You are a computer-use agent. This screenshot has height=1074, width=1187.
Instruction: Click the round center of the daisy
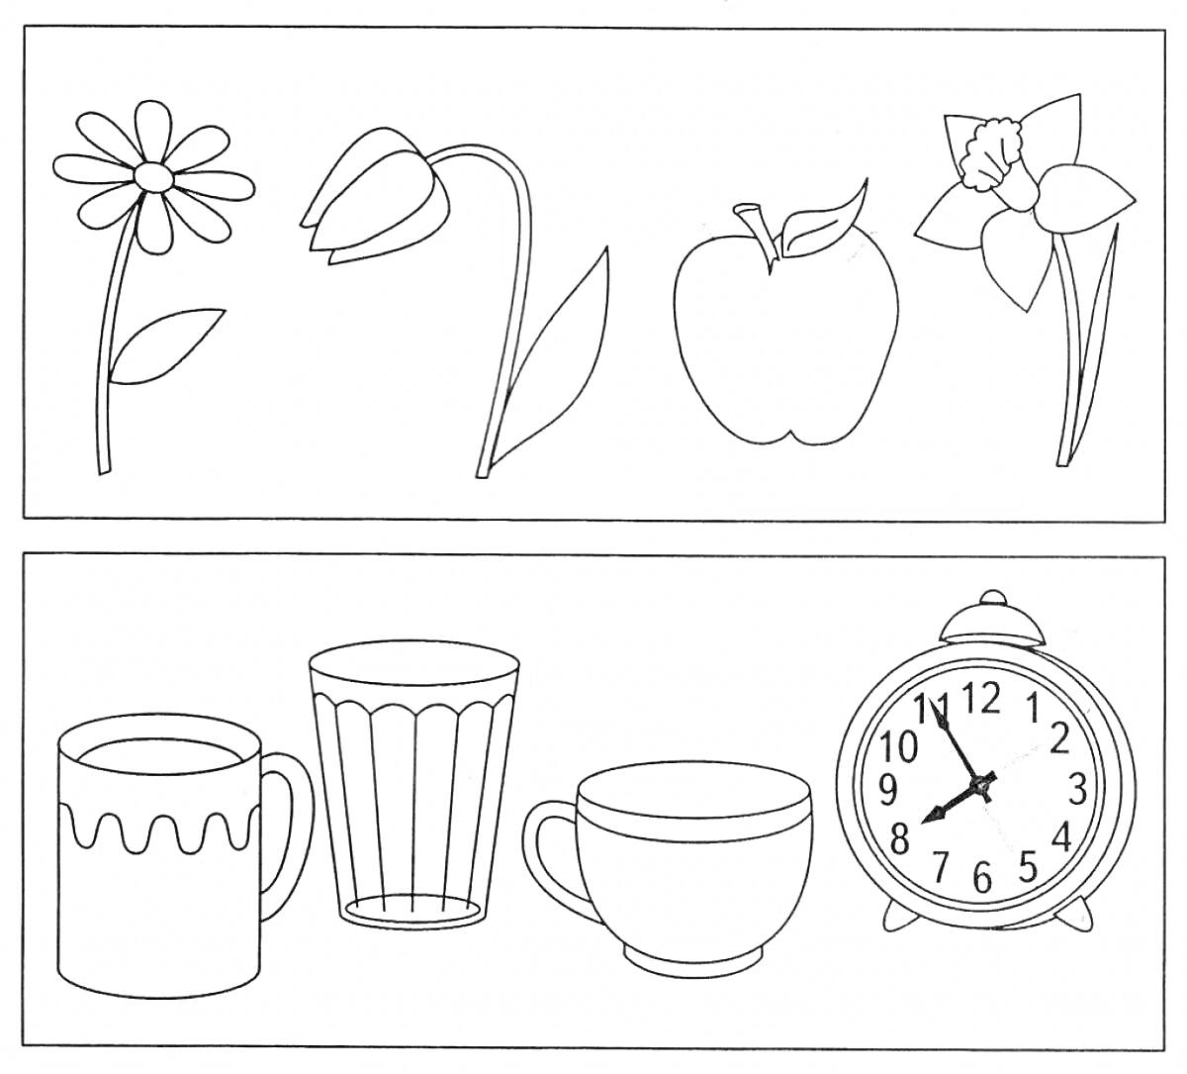pos(154,176)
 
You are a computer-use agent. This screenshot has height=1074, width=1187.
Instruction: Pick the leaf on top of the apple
pos(823,222)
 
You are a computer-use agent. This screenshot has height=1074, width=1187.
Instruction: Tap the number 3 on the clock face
pos(1077,789)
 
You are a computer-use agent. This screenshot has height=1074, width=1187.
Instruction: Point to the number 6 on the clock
pos(981,877)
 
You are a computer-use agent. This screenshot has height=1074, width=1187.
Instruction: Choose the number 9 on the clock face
pos(887,791)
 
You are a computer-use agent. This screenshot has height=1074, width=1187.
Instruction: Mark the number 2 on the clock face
pos(1059,738)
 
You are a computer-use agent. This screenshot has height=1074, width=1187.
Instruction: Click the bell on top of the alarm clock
pos(992,622)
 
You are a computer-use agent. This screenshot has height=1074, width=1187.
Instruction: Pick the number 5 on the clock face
pos(1029,867)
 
